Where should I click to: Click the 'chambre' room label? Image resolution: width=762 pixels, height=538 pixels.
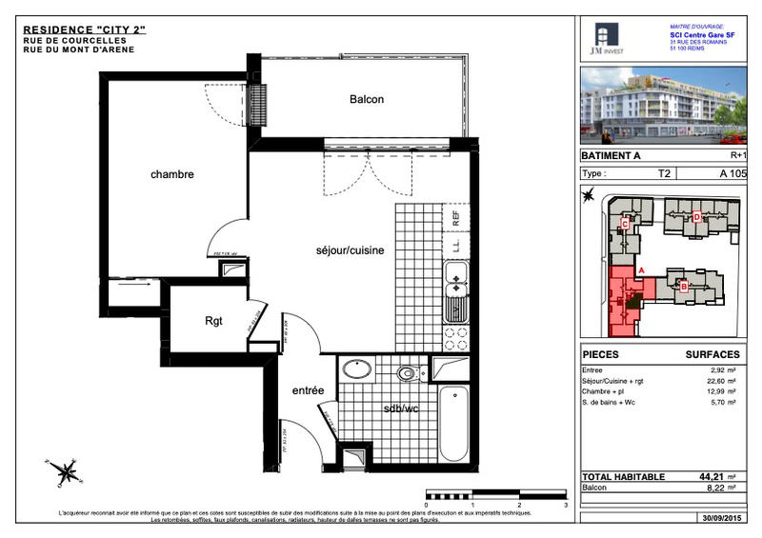coord(171,174)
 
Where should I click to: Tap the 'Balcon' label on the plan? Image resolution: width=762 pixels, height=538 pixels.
coord(367,100)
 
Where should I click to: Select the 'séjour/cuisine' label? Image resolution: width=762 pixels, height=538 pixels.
coord(350,250)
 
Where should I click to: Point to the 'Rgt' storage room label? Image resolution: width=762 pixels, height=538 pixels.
coord(213,321)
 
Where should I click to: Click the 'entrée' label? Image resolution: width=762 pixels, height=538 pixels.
coord(308,390)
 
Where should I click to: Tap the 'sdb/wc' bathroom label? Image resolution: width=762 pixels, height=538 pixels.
coord(401,408)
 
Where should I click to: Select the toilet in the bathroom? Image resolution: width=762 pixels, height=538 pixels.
coord(410,372)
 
